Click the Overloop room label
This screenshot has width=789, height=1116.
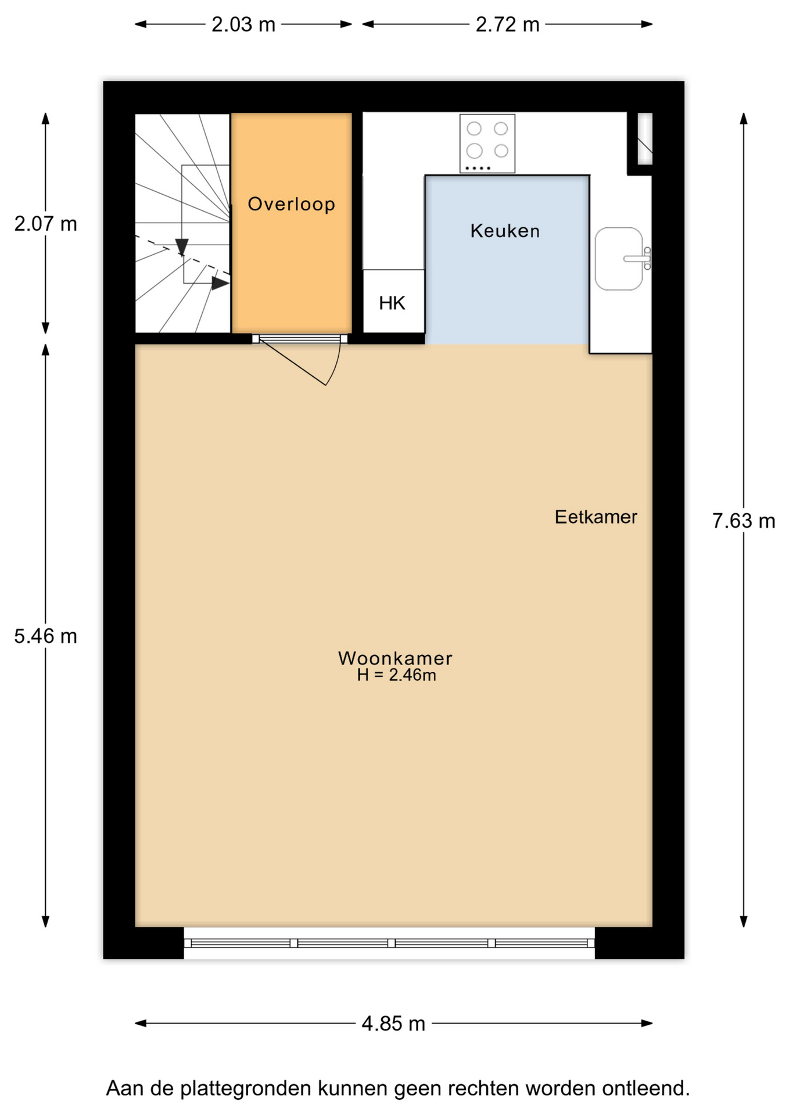pos(291,204)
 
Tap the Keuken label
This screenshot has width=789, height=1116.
pos(505,231)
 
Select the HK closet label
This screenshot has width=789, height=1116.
pos(392,303)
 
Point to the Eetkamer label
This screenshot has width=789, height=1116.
pos(596,517)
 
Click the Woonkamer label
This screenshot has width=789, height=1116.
pos(395,658)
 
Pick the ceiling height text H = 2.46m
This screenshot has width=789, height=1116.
pos(396,675)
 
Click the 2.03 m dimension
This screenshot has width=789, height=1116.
pos(243,24)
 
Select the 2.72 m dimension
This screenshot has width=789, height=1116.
pos(507,24)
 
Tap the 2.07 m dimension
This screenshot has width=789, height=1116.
pos(45,224)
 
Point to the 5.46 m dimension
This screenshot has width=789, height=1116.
pos(45,636)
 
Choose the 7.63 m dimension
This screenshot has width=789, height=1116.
pos(744,521)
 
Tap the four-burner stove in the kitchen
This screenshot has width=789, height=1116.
pos(487,144)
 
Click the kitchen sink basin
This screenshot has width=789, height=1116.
pos(619,259)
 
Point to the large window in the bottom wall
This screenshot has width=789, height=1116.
pos(389,943)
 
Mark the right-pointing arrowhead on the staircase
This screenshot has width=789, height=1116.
pos(220,283)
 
